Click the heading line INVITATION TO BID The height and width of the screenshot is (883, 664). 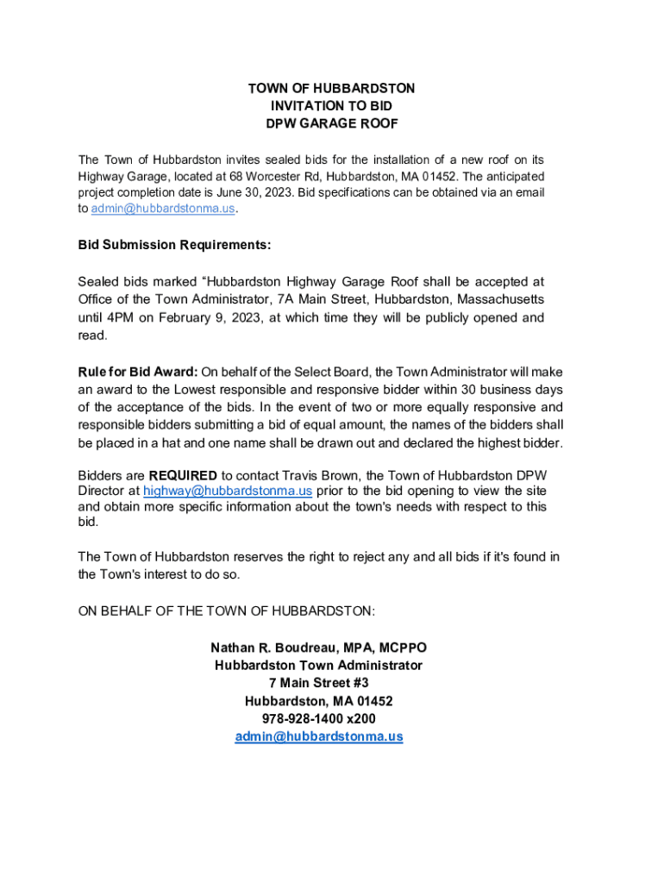pyautogui.click(x=331, y=106)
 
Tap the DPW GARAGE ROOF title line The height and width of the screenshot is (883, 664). pyautogui.click(x=331, y=123)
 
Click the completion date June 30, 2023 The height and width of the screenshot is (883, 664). pyautogui.click(x=247, y=192)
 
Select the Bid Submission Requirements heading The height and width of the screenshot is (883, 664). pyautogui.click(x=174, y=245)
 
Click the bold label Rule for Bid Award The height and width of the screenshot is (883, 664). pyautogui.click(x=138, y=372)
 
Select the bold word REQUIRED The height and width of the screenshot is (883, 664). pyautogui.click(x=183, y=475)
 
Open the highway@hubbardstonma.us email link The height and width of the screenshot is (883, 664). pyautogui.click(x=228, y=491)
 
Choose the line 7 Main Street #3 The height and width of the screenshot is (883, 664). pyautogui.click(x=318, y=683)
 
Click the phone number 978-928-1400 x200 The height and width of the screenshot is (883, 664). pyautogui.click(x=318, y=718)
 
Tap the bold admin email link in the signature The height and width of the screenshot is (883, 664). pyautogui.click(x=318, y=736)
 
